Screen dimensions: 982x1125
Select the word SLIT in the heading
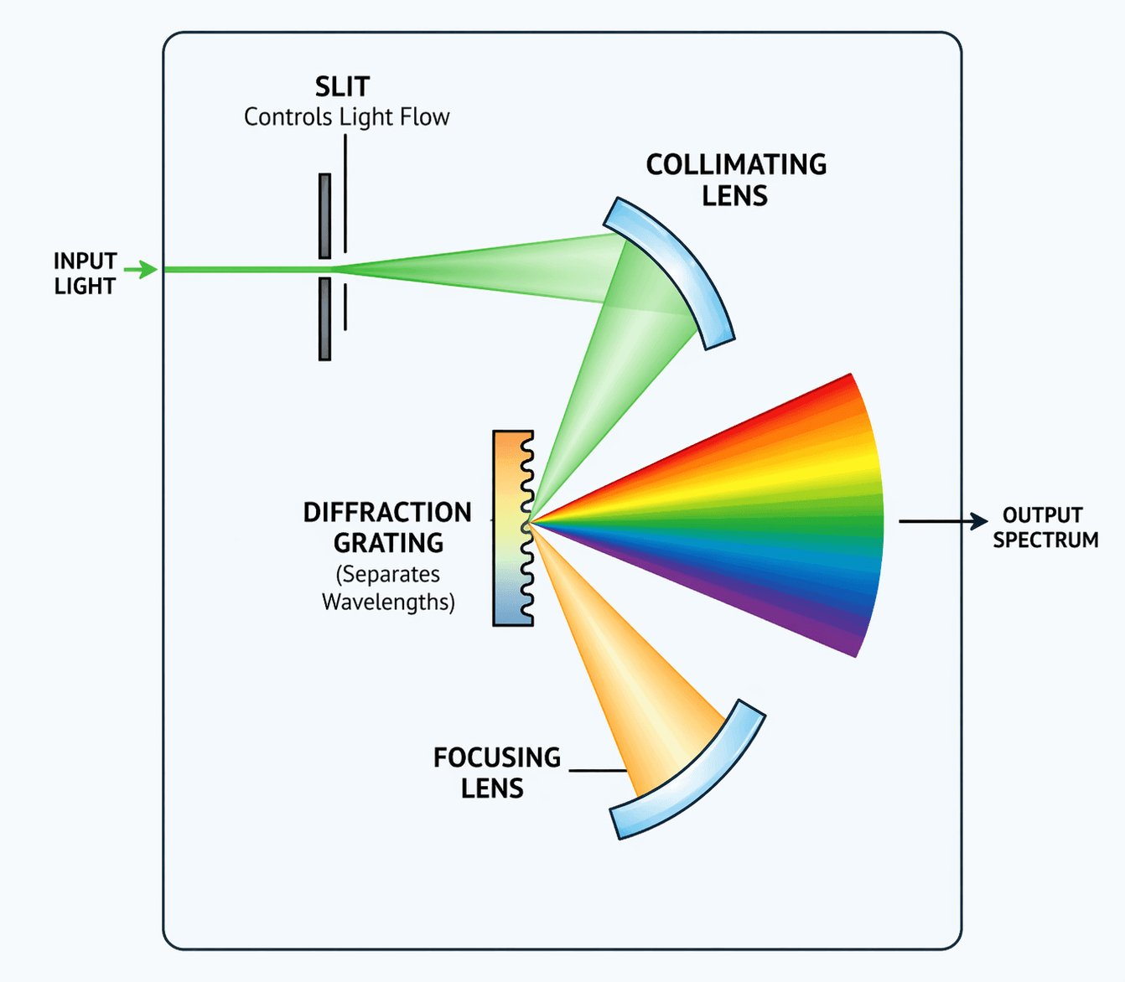342,87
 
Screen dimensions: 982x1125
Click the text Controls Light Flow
346,117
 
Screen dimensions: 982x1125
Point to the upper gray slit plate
324,216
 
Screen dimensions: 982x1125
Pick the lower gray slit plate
324,318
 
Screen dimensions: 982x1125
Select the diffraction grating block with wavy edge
511,528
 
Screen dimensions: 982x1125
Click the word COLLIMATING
736,165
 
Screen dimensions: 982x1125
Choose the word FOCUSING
497,757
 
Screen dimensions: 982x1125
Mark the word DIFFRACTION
387,513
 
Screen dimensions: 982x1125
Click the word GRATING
388,544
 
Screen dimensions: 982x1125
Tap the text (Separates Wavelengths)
388,588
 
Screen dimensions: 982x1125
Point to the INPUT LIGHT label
85,274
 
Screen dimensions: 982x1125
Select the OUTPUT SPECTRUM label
1045,527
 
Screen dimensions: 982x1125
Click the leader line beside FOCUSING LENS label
598,770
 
